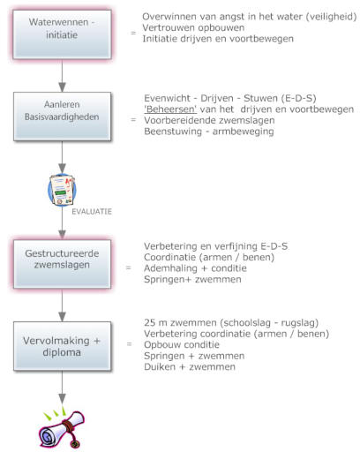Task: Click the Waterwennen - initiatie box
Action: click(x=62, y=34)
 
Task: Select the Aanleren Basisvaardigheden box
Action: click(x=62, y=117)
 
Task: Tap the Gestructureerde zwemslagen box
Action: click(x=62, y=264)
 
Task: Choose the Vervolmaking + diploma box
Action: click(x=62, y=346)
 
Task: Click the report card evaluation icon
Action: click(x=62, y=190)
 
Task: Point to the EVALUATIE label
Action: click(x=92, y=212)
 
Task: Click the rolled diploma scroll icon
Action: click(x=62, y=429)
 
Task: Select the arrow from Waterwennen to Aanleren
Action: click(x=62, y=76)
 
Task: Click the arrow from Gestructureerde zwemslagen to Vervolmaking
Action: click(x=62, y=305)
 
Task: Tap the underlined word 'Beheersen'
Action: click(x=170, y=109)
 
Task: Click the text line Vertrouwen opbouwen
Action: click(x=193, y=27)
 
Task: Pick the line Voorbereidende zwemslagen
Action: click(x=209, y=120)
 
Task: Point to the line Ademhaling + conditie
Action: click(x=195, y=268)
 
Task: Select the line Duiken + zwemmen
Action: click(x=190, y=367)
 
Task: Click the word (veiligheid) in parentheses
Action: click(x=331, y=17)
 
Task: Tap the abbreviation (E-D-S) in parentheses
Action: click(x=297, y=98)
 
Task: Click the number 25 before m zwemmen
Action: click(x=150, y=323)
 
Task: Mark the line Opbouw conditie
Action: click(x=182, y=345)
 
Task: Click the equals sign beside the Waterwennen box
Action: click(x=133, y=33)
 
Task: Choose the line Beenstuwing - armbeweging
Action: click(x=209, y=132)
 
